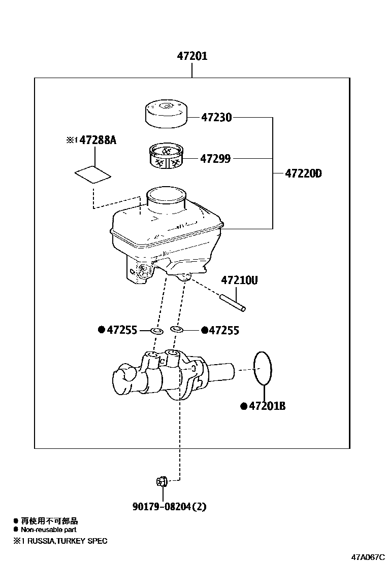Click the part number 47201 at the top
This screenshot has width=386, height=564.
(192, 56)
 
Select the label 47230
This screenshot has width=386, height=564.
(216, 118)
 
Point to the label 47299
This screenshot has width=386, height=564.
(215, 159)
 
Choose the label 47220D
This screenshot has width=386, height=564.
(303, 173)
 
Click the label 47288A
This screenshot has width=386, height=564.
(95, 140)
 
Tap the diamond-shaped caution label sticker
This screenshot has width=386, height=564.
(92, 174)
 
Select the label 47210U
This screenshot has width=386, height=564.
(239, 280)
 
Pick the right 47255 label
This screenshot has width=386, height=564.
(223, 331)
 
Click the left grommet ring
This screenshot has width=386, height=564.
(157, 331)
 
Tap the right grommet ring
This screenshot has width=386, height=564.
(177, 330)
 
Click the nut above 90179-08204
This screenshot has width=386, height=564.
(161, 481)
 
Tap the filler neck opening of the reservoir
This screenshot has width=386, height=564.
(166, 195)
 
